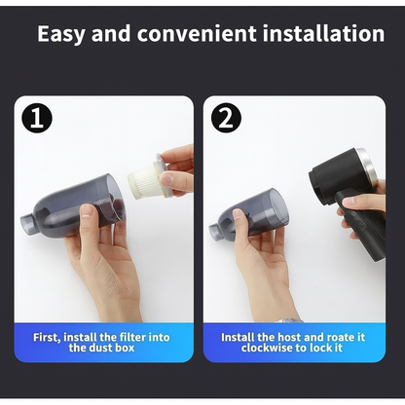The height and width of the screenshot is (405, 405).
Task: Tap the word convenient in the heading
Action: coord(183,34)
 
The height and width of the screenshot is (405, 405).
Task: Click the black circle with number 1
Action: coord(37,120)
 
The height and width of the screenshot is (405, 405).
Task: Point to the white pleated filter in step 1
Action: coord(147,181)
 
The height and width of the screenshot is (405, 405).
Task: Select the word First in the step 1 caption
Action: coord(50,337)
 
